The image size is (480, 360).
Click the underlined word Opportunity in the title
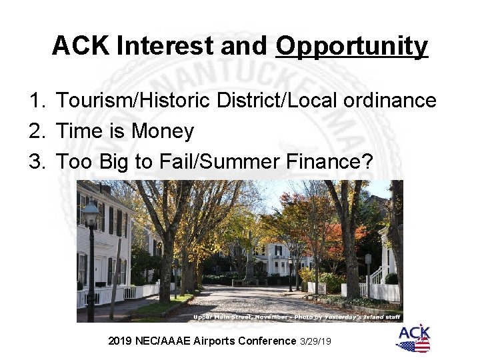click(x=351, y=46)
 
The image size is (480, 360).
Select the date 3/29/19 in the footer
click(x=317, y=341)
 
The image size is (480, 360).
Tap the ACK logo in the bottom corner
click(x=413, y=339)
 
